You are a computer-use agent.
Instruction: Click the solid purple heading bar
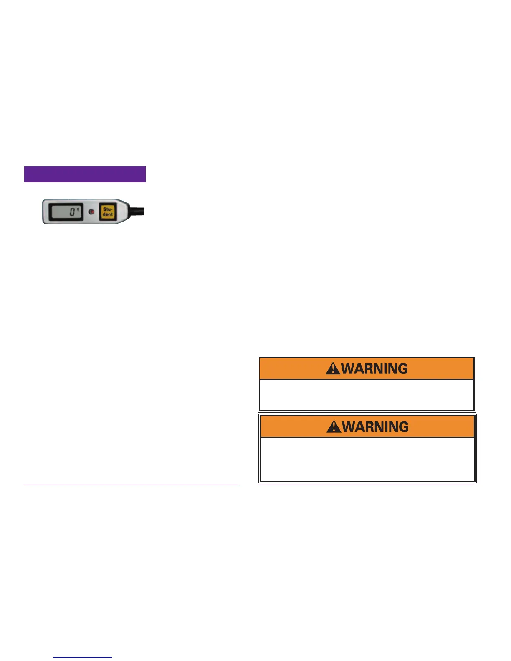pyautogui.click(x=85, y=174)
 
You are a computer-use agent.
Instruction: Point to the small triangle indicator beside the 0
pyautogui.click(x=78, y=209)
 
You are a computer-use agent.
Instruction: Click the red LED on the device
pyautogui.click(x=91, y=212)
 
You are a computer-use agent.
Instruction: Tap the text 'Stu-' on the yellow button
pyautogui.click(x=108, y=209)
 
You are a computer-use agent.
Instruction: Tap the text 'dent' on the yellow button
pyautogui.click(x=108, y=214)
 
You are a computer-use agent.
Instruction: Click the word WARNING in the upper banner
pyautogui.click(x=374, y=368)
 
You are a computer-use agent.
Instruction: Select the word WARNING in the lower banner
pyautogui.click(x=375, y=427)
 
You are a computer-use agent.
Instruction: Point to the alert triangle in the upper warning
pyautogui.click(x=333, y=369)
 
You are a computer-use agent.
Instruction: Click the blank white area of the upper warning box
pyautogui.click(x=367, y=395)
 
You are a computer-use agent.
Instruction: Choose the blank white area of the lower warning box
pyautogui.click(x=367, y=459)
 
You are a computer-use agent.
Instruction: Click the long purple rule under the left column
pyautogui.click(x=132, y=484)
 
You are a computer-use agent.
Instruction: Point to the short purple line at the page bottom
pyautogui.click(x=83, y=657)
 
